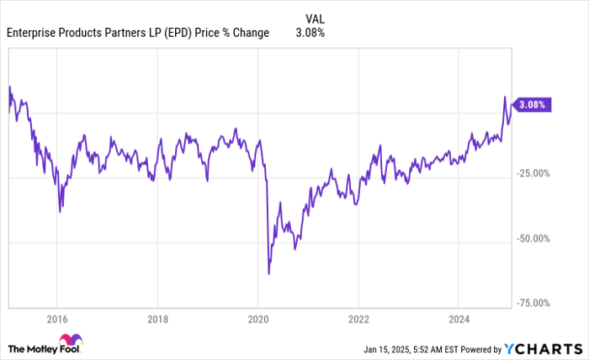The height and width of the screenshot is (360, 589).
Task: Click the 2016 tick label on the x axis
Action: click(x=56, y=319)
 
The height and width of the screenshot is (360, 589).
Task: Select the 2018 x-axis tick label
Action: click(x=157, y=319)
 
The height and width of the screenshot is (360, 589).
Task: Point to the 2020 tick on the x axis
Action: click(x=257, y=319)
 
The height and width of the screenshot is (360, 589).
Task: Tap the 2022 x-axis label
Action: click(x=358, y=319)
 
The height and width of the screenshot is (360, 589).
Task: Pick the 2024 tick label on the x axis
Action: click(x=459, y=319)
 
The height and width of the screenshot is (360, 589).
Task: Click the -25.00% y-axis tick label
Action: click(x=535, y=174)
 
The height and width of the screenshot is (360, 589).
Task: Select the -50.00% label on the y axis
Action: click(x=535, y=239)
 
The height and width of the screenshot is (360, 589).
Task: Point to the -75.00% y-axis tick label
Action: click(x=535, y=304)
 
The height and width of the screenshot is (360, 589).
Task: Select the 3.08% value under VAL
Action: click(x=310, y=33)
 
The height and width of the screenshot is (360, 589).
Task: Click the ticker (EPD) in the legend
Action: click(x=190, y=33)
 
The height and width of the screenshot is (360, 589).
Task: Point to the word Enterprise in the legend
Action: click(x=33, y=33)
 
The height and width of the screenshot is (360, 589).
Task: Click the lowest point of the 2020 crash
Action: click(x=268, y=273)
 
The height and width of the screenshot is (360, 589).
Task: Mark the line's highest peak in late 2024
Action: click(x=504, y=97)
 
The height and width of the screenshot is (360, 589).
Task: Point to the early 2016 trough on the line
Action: click(x=60, y=211)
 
